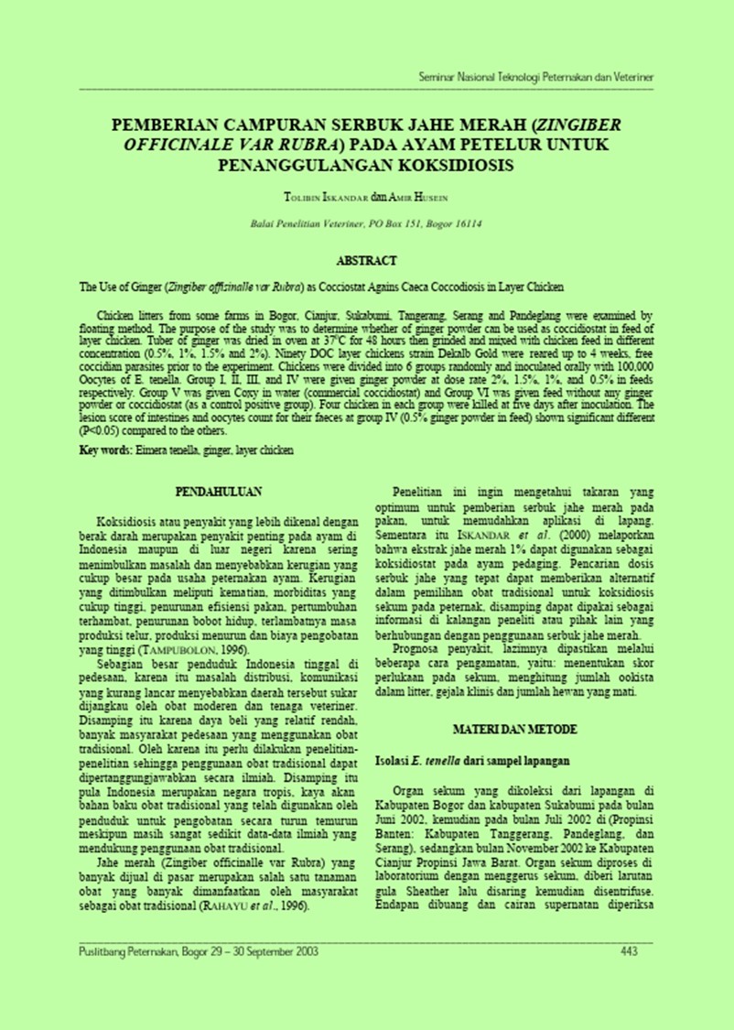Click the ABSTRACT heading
(x=366, y=261)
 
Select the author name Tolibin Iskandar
(x=328, y=196)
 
